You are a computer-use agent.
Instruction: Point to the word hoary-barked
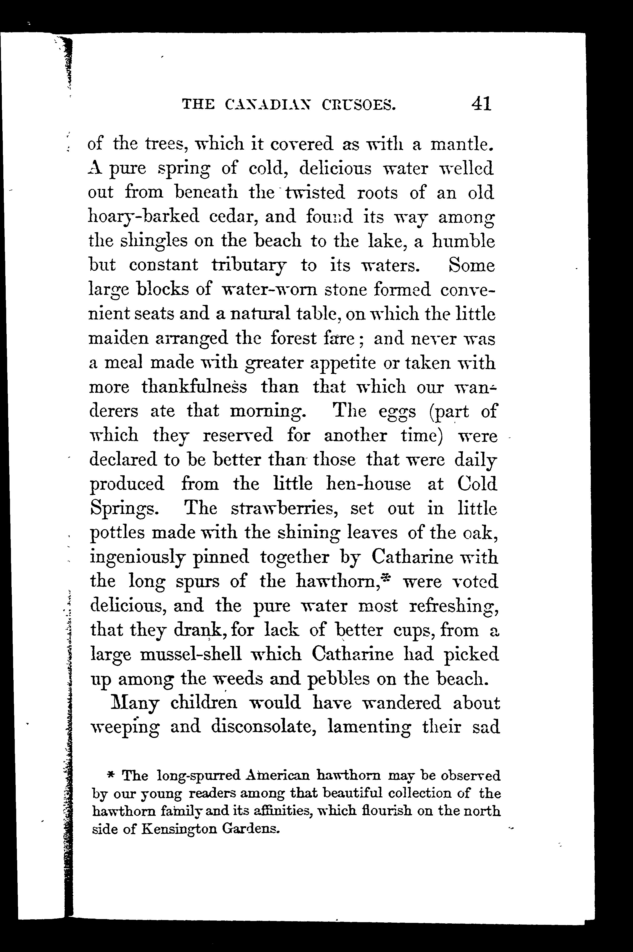pos(143,217)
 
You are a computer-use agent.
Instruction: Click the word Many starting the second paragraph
pos(134,703)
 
